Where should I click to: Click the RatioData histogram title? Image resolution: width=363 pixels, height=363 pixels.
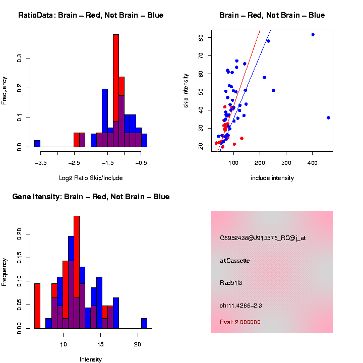[x=91, y=15]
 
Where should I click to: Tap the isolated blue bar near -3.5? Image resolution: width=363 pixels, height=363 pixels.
[x=37, y=143]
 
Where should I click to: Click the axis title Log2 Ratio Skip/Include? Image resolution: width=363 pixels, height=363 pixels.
[x=91, y=178]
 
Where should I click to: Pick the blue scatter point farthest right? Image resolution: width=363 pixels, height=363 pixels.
[x=328, y=117]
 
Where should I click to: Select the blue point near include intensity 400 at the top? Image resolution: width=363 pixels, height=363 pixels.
[x=313, y=35]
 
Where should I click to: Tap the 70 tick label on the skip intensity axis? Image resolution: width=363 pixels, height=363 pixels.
[x=201, y=55]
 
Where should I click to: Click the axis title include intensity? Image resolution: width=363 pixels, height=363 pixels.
[x=272, y=178]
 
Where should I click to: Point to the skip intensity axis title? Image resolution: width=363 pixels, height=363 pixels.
[x=186, y=91]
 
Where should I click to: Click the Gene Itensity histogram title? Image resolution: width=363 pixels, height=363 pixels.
[x=91, y=197]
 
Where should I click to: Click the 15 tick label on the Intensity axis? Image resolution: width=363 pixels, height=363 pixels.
[x=100, y=344]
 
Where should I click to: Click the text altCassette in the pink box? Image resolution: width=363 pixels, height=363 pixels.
[x=235, y=261]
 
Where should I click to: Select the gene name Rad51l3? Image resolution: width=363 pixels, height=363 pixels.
[x=232, y=282]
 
